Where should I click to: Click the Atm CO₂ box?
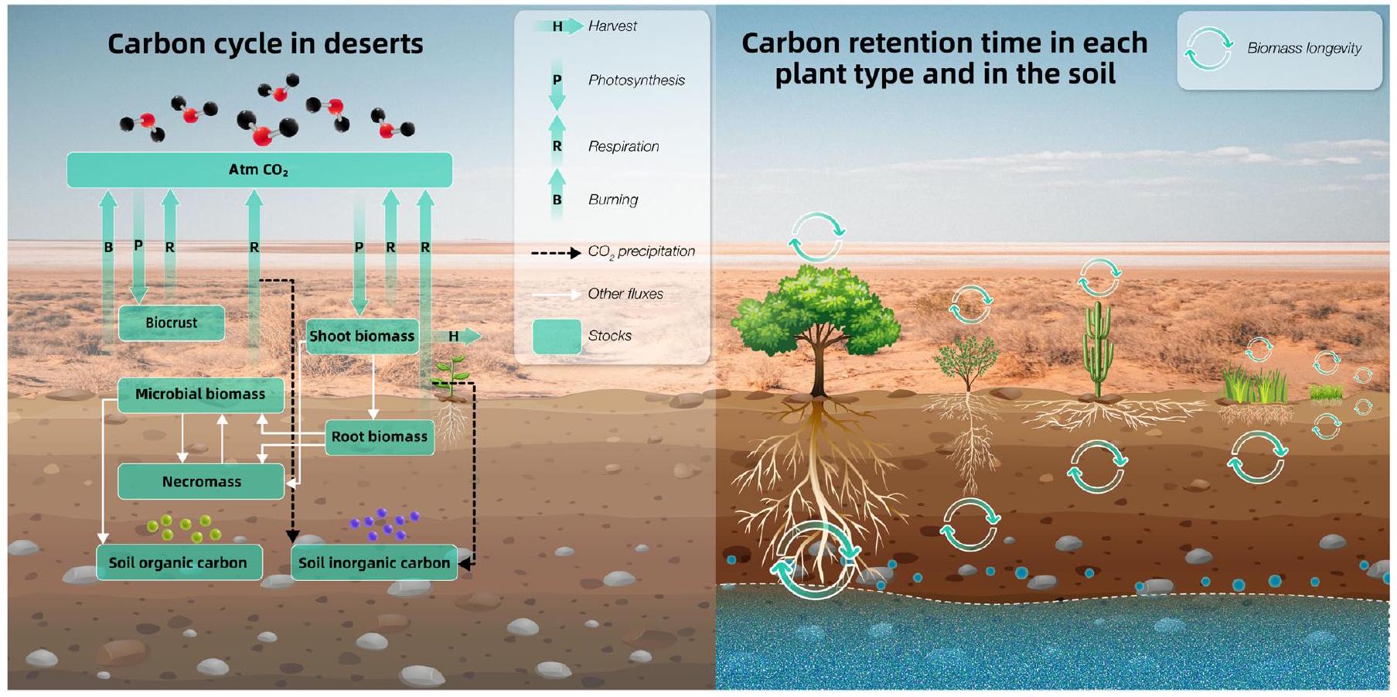259,170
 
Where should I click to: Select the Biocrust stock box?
172,323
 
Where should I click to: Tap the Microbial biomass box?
200,395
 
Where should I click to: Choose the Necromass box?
201,482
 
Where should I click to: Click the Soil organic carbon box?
179,563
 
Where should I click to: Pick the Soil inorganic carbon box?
374,563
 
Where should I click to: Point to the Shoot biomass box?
362,337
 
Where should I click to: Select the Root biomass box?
379,437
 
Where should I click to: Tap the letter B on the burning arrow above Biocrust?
108,248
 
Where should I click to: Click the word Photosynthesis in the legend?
636,80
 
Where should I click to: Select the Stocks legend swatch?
557,337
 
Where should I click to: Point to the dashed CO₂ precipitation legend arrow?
555,253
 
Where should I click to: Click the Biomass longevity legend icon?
1208,49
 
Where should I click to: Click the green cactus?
1098,344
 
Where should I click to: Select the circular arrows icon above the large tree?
816,237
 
